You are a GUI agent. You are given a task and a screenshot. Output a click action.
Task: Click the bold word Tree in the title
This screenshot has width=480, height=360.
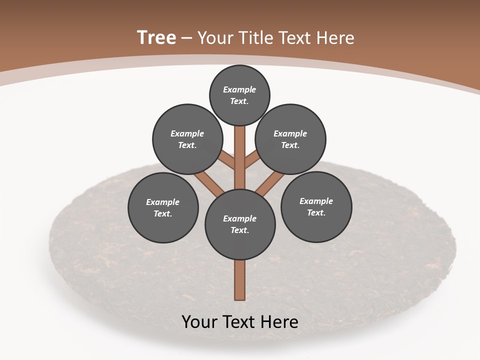tap(156, 37)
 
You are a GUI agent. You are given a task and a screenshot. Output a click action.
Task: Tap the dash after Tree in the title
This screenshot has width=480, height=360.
tap(186, 38)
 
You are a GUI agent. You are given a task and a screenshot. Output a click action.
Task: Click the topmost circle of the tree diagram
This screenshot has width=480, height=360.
tap(239, 95)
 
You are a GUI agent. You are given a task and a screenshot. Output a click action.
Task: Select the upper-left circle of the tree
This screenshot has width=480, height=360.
tap(187, 139)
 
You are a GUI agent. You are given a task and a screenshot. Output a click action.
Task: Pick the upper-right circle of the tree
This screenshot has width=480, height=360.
tap(290, 139)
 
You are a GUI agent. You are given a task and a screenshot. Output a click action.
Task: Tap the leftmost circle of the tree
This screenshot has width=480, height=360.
tap(163, 207)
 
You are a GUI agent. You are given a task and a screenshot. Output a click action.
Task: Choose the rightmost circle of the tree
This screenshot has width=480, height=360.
tap(316, 206)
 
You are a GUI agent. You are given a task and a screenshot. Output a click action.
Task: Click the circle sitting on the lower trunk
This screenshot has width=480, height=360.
tap(240, 224)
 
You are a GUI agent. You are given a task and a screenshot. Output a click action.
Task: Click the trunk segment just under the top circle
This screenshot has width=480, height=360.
tap(240, 150)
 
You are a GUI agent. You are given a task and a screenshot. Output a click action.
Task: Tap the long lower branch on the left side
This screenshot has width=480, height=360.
tap(209, 182)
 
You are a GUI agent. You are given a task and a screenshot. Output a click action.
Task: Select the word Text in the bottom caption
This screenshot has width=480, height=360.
tap(239, 321)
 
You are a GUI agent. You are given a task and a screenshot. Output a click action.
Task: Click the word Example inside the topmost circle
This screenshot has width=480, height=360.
tap(239, 89)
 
